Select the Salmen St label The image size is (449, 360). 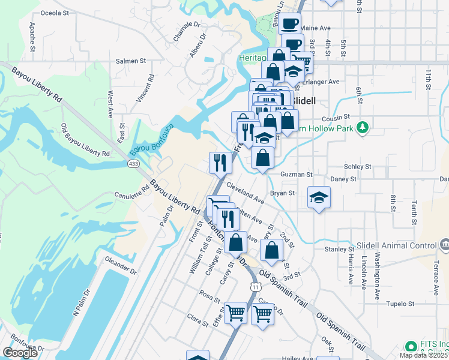tap(131, 61)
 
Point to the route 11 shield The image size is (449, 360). tap(257, 288)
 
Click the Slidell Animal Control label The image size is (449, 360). tap(397, 245)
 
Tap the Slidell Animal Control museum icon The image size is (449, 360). tap(445, 245)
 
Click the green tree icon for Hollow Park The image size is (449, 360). tap(362, 128)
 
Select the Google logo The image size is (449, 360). tap(20, 353)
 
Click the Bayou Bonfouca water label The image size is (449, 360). tap(152, 138)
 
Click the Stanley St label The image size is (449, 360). tap(339, 249)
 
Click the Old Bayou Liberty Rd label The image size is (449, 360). tap(85, 140)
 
